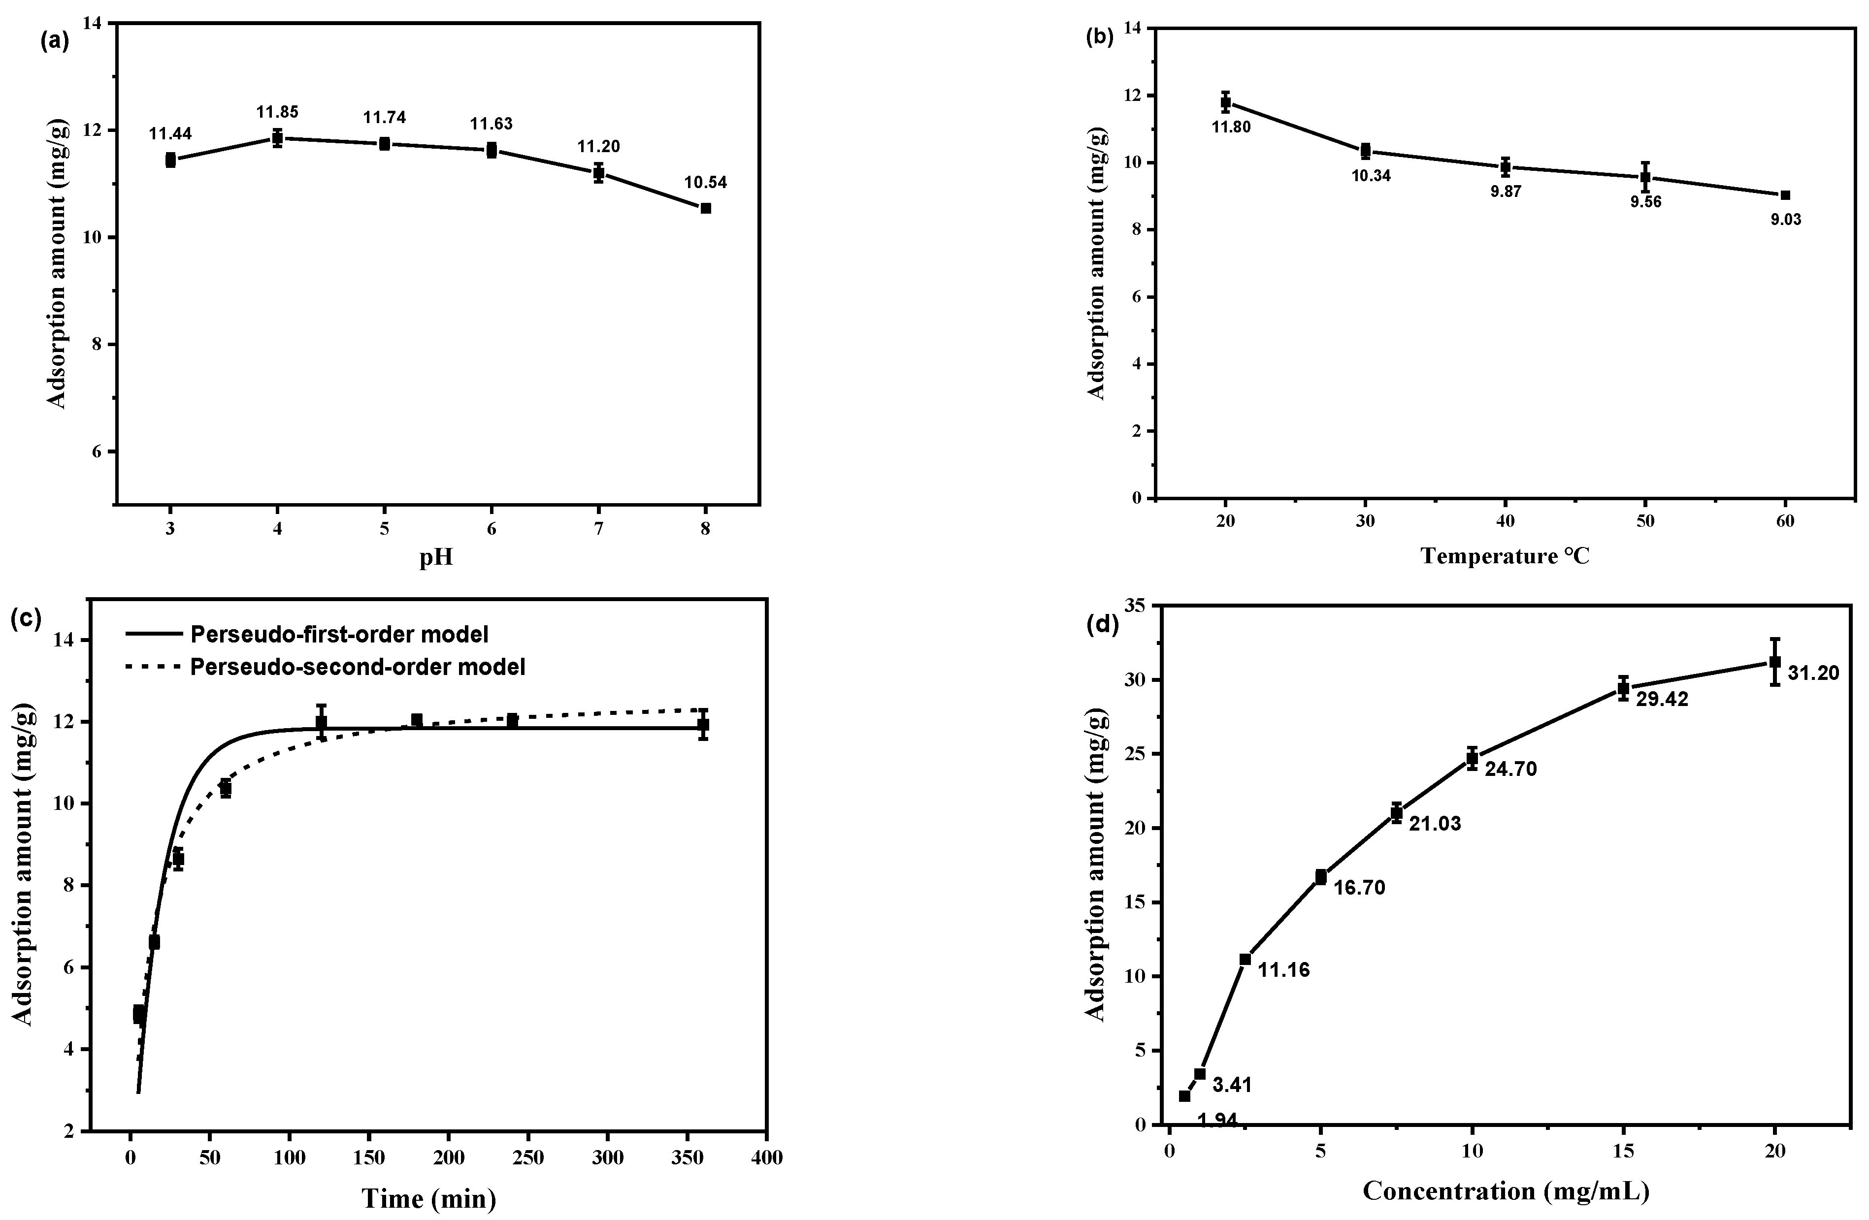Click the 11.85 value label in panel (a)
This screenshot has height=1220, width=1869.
point(277,112)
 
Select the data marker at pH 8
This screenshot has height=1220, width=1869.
point(705,208)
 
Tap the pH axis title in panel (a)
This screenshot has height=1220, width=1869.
point(436,558)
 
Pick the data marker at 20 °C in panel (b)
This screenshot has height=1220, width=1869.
point(1225,102)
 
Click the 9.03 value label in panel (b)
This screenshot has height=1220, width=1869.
point(1785,220)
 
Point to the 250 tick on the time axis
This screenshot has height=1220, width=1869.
point(528,1158)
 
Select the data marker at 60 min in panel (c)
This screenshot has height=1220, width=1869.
point(226,788)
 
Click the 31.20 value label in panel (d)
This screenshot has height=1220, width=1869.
point(1813,673)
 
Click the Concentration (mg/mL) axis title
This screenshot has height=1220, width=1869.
point(1506,1191)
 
